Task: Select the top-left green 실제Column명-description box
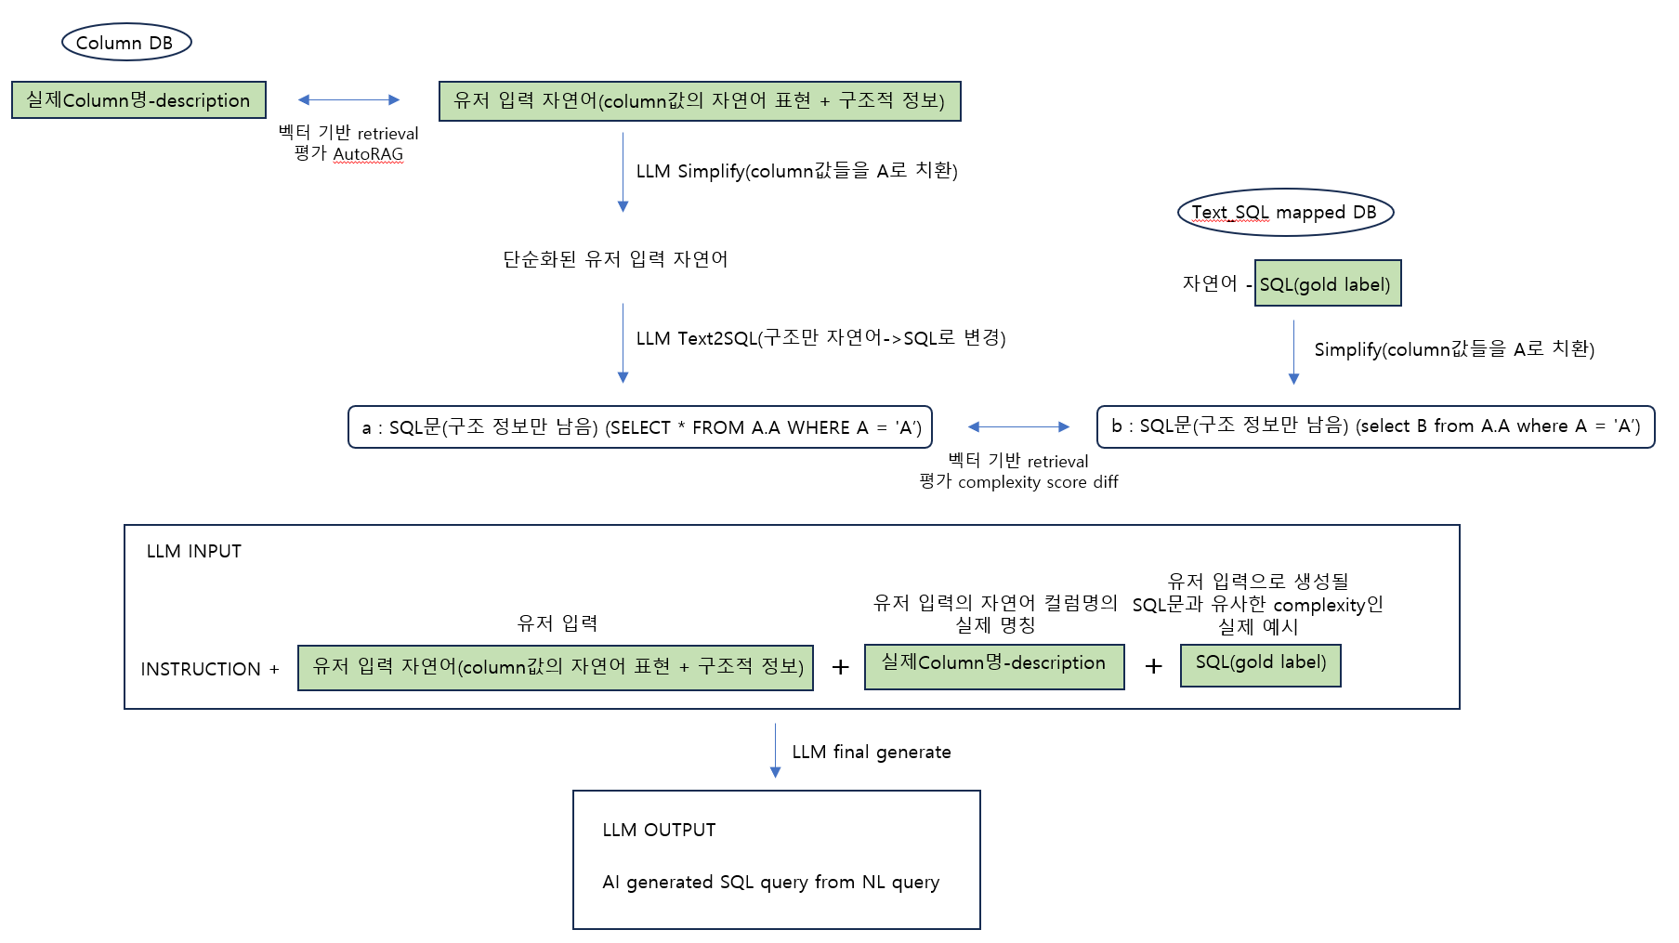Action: [x=138, y=100]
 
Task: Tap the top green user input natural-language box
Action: [x=700, y=100]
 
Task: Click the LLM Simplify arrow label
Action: [x=796, y=171]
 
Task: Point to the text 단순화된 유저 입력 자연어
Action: [x=615, y=259]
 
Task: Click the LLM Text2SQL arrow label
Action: [x=820, y=338]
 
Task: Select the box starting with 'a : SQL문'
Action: [x=640, y=427]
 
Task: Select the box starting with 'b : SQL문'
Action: [x=1375, y=426]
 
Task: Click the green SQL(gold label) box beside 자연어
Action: [x=1328, y=283]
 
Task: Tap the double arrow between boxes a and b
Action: [x=1019, y=426]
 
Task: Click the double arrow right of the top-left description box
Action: [x=348, y=99]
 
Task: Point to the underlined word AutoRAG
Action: [x=368, y=154]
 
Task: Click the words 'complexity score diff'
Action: [x=1038, y=482]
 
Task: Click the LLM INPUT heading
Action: [x=194, y=551]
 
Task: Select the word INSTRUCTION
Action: [x=201, y=669]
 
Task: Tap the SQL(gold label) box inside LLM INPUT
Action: [x=1261, y=665]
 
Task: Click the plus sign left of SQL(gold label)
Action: [x=1153, y=666]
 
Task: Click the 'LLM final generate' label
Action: [x=872, y=752]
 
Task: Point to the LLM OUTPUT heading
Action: [x=659, y=830]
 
